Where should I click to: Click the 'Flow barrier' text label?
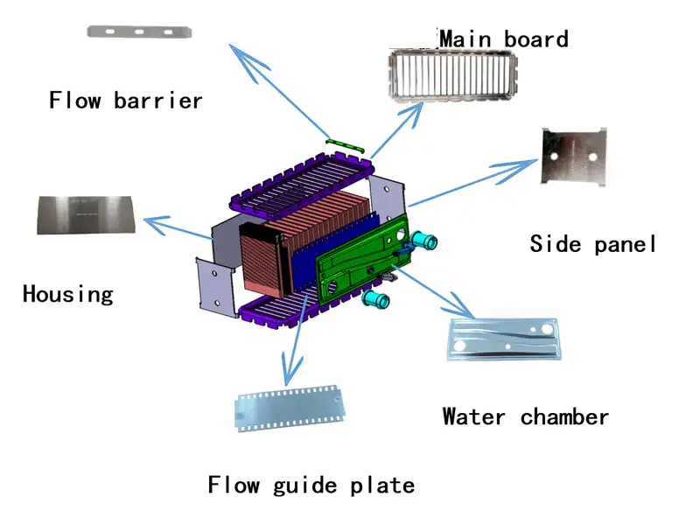(x=125, y=100)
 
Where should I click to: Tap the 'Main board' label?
(x=503, y=38)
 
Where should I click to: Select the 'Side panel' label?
(x=592, y=244)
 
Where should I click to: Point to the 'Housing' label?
(x=67, y=293)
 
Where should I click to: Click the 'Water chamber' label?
(x=525, y=416)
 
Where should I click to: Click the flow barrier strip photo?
(x=139, y=32)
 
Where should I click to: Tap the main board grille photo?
(x=451, y=75)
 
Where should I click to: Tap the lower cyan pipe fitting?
(x=378, y=300)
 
